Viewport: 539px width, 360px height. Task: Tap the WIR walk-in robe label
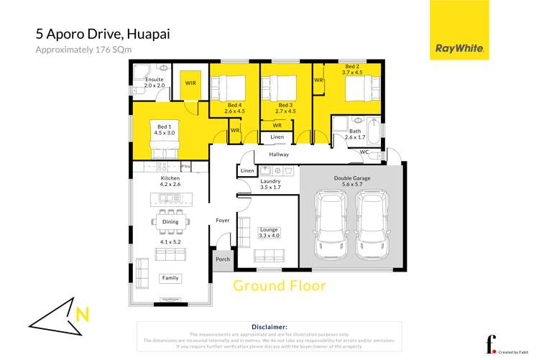190,83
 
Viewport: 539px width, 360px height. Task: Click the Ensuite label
155,79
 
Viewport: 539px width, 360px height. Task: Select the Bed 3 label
287,106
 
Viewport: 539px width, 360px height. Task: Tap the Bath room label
355,131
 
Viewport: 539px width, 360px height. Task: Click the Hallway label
279,154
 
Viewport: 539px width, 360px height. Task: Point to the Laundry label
270,181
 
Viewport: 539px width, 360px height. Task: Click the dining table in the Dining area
170,222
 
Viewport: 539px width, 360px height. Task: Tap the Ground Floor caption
279,285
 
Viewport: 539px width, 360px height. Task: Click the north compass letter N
84,314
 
